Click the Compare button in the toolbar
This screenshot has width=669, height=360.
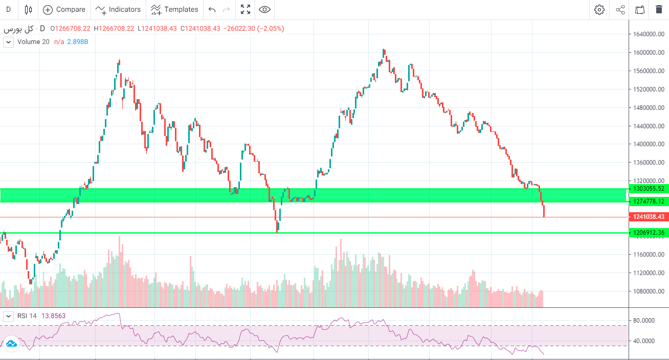tap(64, 9)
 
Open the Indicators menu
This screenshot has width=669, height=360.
tap(118, 9)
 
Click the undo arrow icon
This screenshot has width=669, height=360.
tap(212, 10)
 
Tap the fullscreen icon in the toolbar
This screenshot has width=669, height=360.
tap(246, 9)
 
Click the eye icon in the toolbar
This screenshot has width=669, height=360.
tap(264, 9)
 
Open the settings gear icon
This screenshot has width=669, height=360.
tap(599, 10)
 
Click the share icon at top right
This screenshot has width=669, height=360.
tap(620, 10)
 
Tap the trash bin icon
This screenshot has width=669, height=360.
tap(658, 10)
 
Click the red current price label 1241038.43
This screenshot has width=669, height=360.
tap(649, 217)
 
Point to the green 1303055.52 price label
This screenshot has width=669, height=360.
tap(649, 189)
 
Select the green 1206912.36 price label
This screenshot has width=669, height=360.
tap(649, 233)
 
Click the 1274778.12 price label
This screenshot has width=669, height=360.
tap(649, 201)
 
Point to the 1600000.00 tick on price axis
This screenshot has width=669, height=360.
tap(649, 53)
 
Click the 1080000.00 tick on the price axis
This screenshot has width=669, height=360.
tap(649, 291)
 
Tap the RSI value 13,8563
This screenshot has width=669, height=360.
tap(53, 316)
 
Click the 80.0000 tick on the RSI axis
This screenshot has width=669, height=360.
tap(644, 321)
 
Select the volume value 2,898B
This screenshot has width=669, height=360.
tap(78, 42)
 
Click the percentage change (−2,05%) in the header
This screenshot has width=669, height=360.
tap(271, 29)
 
